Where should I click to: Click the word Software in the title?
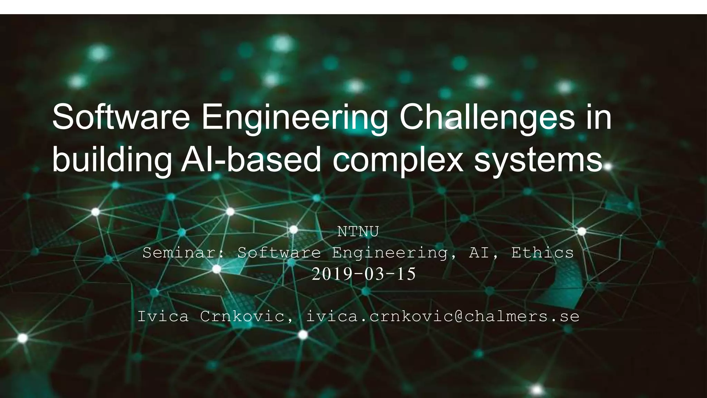(x=121, y=117)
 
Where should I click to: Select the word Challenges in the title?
(x=487, y=117)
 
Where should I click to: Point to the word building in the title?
(x=112, y=161)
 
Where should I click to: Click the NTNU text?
(x=358, y=232)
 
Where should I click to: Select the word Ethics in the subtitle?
(x=542, y=253)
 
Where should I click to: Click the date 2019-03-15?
(x=364, y=274)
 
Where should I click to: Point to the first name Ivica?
(x=163, y=316)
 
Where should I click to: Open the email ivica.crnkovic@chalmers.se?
(x=443, y=316)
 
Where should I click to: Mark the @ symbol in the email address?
(x=459, y=316)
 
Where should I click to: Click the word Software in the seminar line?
(x=279, y=253)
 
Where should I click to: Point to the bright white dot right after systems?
(x=608, y=167)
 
